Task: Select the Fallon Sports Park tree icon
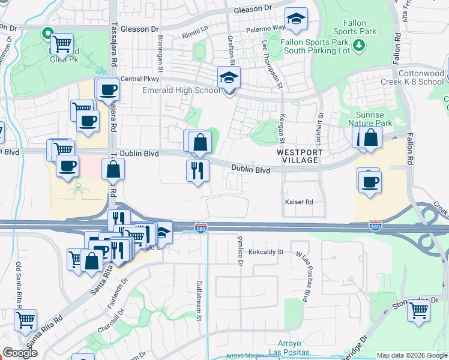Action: point(358,44)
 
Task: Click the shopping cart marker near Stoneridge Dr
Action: point(418,311)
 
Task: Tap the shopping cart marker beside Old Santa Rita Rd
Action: point(26,320)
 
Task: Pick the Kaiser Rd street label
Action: point(298,202)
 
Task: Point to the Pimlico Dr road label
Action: point(240,250)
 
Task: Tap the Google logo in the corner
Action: point(20,353)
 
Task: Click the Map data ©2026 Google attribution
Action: point(412,355)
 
